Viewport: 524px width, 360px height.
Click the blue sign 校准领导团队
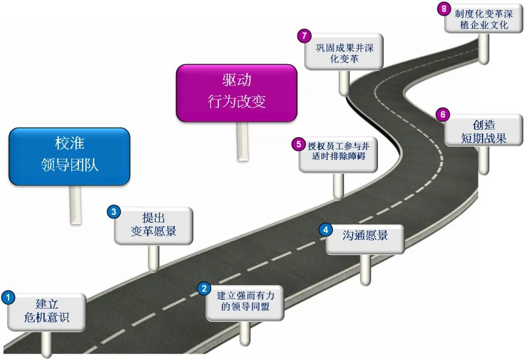click(x=69, y=156)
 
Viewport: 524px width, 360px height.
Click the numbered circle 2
click(x=204, y=289)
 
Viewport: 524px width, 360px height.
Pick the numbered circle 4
click(x=326, y=229)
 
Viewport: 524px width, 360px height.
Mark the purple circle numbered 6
click(x=443, y=114)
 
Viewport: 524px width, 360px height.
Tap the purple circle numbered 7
click(x=303, y=36)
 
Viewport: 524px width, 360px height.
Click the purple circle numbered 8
click(x=445, y=8)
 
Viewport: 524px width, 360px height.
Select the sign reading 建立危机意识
click(x=48, y=312)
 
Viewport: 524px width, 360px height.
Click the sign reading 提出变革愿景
click(x=153, y=225)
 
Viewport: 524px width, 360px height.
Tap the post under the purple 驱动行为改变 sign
click(x=242, y=140)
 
